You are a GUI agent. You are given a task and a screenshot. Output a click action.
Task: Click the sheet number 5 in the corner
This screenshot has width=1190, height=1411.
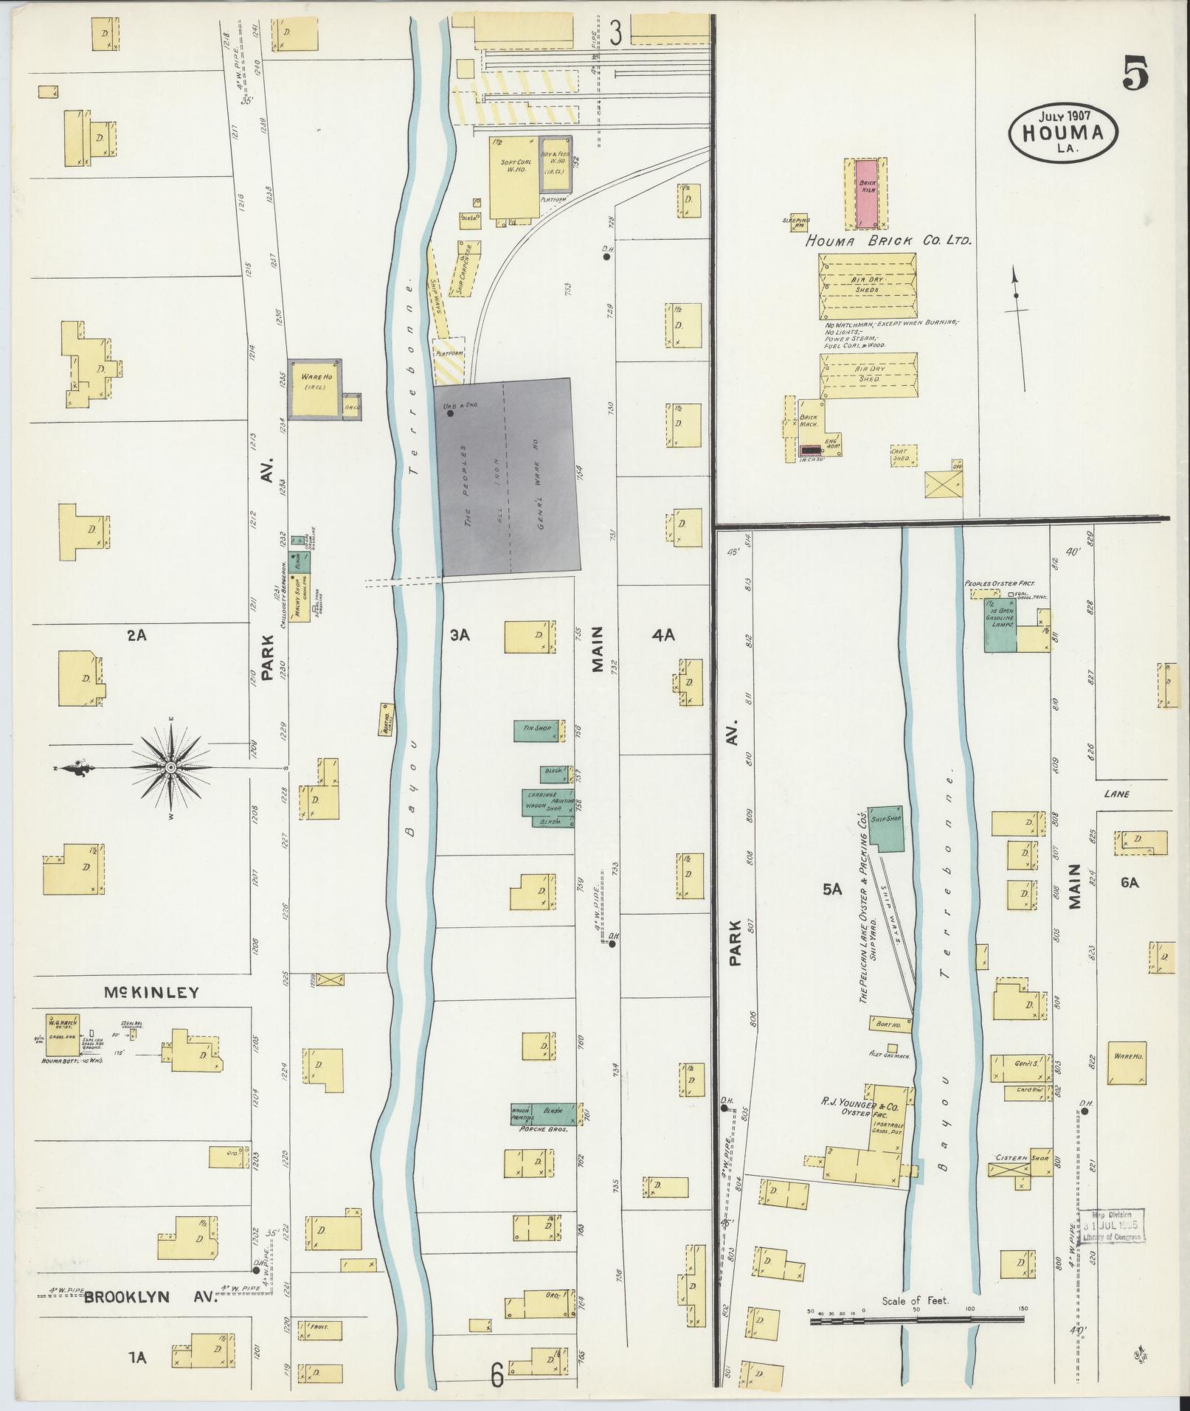[x=1135, y=74]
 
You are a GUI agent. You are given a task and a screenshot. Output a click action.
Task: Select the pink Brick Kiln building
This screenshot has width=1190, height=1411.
[x=866, y=191]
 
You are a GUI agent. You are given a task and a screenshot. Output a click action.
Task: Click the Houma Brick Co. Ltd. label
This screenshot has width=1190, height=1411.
[x=889, y=240]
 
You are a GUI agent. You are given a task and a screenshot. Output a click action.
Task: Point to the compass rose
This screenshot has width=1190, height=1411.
[x=171, y=767]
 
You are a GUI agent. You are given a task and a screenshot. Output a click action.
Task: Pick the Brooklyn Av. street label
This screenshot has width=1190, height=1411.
[x=151, y=1297]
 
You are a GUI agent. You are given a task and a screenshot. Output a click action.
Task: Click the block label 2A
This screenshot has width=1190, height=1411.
[x=136, y=634]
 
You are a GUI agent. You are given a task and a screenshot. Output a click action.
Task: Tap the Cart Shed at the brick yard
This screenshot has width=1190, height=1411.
[x=904, y=456]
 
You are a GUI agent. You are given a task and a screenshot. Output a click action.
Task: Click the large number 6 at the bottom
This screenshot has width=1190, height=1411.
[x=497, y=1373]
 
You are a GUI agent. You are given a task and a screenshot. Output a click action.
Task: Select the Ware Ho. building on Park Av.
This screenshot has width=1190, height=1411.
[x=316, y=389]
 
